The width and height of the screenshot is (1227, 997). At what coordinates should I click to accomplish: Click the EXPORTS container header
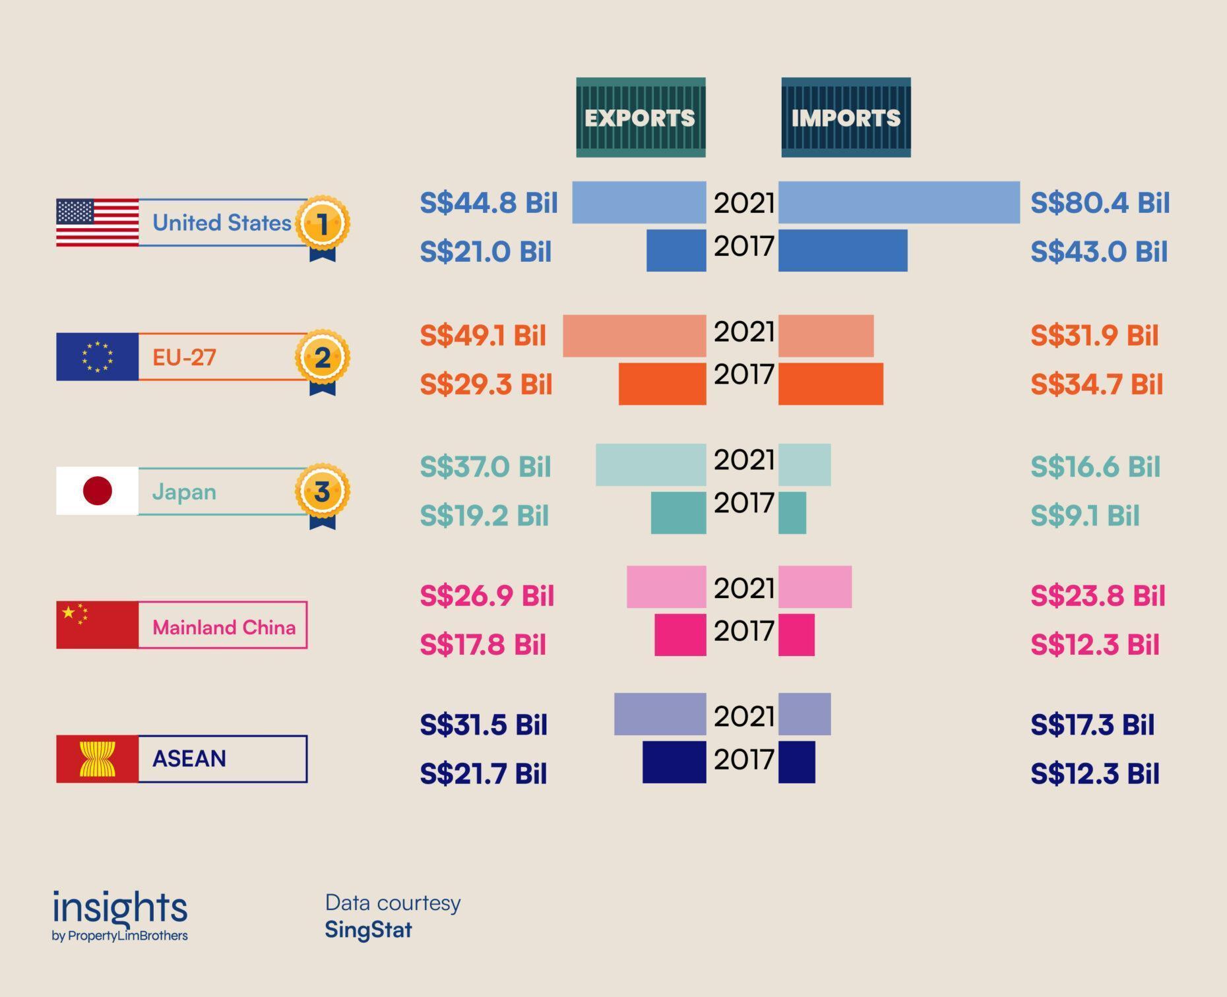(x=641, y=117)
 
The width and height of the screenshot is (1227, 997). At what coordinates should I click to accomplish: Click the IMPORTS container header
(x=846, y=117)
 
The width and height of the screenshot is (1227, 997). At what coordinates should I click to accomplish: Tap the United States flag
(x=98, y=223)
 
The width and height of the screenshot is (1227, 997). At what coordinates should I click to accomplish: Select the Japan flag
(x=98, y=491)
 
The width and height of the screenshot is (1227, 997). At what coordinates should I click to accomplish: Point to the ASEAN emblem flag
(x=98, y=759)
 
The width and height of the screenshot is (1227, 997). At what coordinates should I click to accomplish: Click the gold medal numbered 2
(x=322, y=358)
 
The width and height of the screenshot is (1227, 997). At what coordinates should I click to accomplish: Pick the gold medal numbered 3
(x=322, y=492)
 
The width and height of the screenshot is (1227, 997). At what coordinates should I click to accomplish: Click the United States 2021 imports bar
(x=899, y=202)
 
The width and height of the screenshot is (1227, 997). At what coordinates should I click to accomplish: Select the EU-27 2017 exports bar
(x=662, y=384)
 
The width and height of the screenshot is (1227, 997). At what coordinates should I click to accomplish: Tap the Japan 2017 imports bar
(x=792, y=513)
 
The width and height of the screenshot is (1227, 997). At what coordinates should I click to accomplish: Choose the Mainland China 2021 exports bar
(x=666, y=587)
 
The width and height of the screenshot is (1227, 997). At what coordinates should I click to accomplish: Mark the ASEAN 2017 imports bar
(x=797, y=762)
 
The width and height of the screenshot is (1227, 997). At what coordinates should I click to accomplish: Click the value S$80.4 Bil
(x=1100, y=202)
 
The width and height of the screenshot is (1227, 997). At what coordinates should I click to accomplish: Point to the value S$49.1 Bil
(x=483, y=336)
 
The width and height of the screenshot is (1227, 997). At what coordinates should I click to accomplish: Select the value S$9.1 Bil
(x=1085, y=516)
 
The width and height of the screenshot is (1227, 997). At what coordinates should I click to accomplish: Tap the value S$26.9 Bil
(x=487, y=595)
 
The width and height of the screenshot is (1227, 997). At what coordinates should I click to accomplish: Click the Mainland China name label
(x=224, y=626)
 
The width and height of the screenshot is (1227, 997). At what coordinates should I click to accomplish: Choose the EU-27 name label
(x=184, y=357)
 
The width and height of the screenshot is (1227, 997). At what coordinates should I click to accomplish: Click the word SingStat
(x=368, y=930)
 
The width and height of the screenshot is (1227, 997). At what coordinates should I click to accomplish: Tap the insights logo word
(x=120, y=908)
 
